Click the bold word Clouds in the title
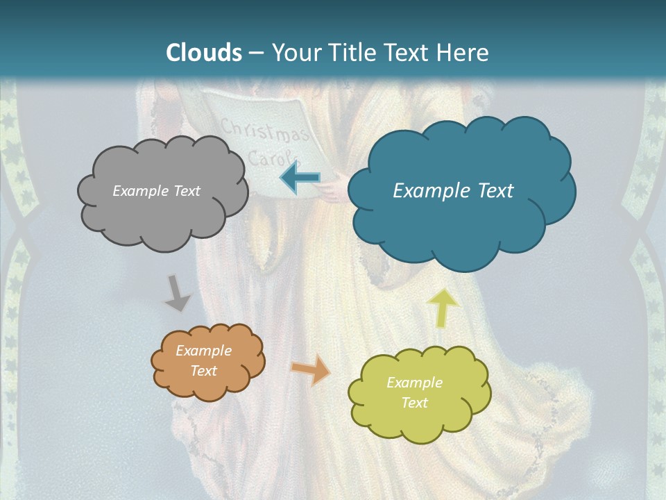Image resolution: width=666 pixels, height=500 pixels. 204,53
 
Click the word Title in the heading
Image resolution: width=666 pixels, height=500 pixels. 352,53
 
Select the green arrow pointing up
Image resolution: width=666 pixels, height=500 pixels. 442,307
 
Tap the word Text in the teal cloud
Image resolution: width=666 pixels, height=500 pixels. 490,191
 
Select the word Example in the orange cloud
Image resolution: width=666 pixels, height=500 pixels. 203,351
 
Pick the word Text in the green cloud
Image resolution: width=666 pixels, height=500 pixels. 414,403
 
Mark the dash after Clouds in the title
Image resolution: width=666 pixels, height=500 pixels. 256,53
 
